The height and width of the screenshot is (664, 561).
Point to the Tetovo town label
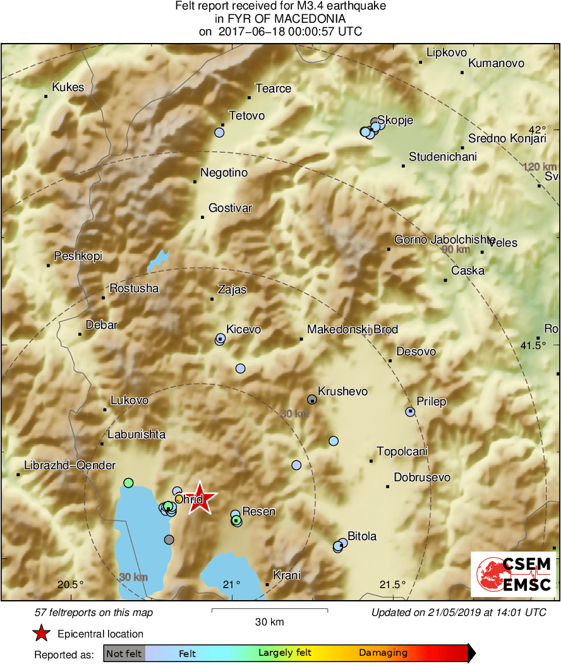click(x=246, y=116)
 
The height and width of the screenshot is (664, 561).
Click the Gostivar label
click(x=230, y=208)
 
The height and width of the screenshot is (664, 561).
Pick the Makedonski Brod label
click(x=352, y=329)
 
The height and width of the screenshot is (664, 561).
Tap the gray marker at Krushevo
click(x=312, y=399)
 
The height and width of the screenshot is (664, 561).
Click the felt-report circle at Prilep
click(x=410, y=412)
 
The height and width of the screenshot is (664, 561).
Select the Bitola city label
click(x=362, y=536)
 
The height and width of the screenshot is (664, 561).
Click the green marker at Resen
click(x=236, y=520)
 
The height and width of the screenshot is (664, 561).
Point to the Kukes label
click(x=68, y=87)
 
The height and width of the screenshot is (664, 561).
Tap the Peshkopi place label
click(x=78, y=256)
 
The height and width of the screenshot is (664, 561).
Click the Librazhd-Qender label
click(x=69, y=465)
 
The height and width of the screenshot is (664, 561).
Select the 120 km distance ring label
click(x=540, y=166)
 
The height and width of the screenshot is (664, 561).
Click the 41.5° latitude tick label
click(x=546, y=345)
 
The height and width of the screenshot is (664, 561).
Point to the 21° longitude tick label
click(x=231, y=584)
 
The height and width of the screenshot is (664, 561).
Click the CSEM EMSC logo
click(x=513, y=574)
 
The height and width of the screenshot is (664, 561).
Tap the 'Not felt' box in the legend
click(x=124, y=653)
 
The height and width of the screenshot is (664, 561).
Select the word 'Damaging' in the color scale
click(x=383, y=653)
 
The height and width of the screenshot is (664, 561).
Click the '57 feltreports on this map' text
click(x=93, y=612)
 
